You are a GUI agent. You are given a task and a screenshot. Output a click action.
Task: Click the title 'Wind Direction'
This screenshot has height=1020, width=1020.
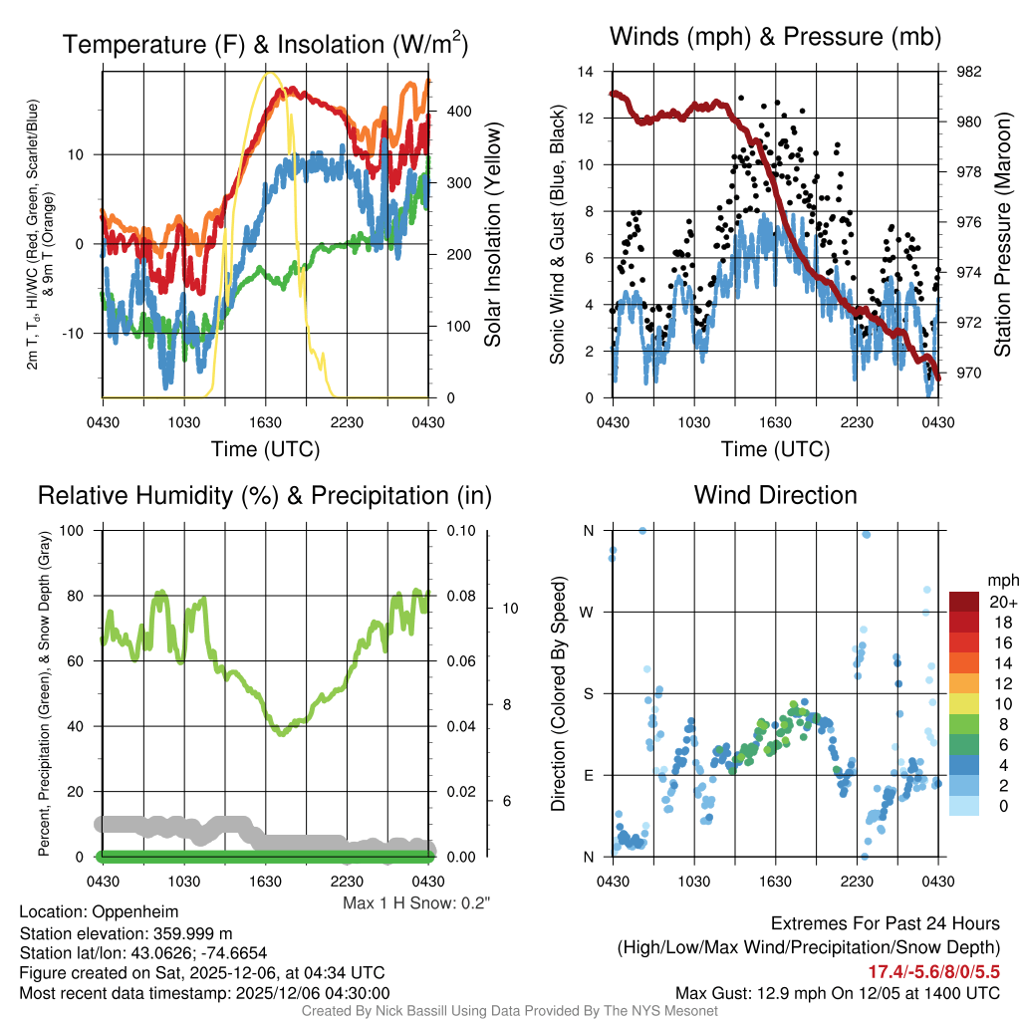click(775, 495)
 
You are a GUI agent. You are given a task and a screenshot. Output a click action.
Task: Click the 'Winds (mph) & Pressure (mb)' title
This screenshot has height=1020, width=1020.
click(775, 38)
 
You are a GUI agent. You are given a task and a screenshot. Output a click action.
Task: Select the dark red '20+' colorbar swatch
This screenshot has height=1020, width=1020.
click(967, 602)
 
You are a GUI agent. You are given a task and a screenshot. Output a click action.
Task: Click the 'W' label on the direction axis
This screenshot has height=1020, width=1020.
click(588, 612)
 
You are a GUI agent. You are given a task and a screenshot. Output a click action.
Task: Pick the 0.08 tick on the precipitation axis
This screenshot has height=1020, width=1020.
click(459, 596)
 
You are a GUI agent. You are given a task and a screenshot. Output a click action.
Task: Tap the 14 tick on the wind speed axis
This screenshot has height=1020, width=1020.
click(586, 72)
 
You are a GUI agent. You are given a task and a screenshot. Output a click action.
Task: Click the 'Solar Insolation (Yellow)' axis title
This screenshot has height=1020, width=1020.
click(492, 235)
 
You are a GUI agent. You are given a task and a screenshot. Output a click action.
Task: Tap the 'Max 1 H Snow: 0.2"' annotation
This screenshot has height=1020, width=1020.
click(416, 903)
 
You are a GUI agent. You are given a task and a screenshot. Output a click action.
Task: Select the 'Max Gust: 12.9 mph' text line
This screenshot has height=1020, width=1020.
click(837, 993)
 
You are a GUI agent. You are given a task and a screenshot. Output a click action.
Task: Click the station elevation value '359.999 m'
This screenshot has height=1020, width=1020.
click(197, 932)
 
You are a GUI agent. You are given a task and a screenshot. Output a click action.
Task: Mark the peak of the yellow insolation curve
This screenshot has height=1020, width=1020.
click(267, 75)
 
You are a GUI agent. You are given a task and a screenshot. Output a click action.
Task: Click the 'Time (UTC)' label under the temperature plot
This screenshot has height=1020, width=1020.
click(265, 449)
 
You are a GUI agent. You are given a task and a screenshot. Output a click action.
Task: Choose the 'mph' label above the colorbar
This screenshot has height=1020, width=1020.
click(1001, 580)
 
